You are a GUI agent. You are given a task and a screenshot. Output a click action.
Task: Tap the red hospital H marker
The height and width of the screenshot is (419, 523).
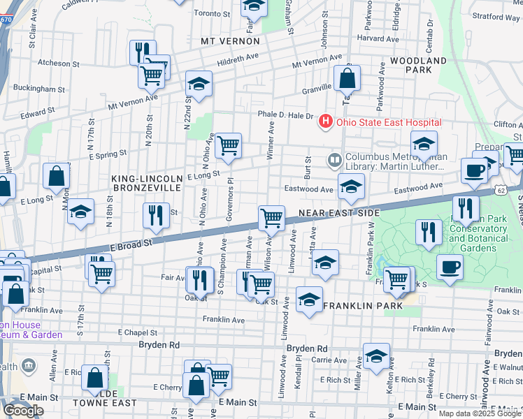point(325,122)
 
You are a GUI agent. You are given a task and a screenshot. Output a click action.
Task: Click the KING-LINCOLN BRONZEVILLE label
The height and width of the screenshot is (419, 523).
point(147,184)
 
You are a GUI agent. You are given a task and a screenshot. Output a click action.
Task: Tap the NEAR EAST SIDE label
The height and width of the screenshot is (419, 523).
point(338,212)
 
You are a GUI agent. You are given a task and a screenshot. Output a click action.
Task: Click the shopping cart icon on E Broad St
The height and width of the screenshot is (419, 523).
point(271,218)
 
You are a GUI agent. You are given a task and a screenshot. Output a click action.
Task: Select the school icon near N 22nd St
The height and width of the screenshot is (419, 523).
point(199,85)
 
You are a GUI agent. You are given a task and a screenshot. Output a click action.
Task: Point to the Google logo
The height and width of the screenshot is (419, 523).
point(23,411)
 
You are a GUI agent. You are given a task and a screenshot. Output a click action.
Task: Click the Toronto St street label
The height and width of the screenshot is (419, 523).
point(212,13)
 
